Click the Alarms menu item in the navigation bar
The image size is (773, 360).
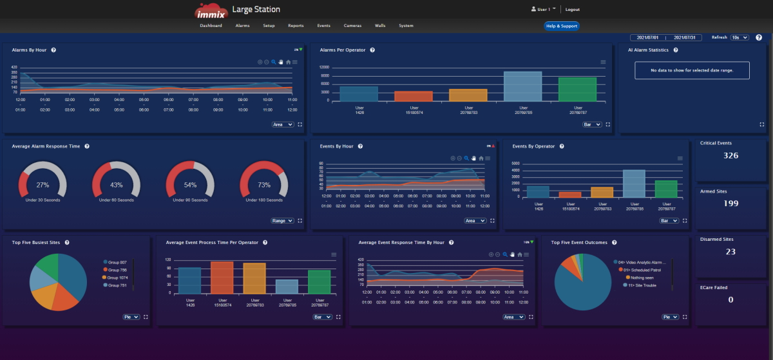tap(242, 26)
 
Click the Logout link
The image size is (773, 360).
tap(572, 10)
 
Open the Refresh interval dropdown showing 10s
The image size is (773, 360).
tap(740, 37)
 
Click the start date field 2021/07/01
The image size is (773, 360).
tap(647, 37)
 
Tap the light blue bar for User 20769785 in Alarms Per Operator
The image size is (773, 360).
tap(522, 86)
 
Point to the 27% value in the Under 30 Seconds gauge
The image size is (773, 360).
tap(43, 185)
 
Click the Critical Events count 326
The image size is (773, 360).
tap(730, 156)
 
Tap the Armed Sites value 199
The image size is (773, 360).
tap(730, 204)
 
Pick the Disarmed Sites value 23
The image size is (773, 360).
tap(730, 252)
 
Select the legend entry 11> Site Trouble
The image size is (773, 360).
tap(640, 285)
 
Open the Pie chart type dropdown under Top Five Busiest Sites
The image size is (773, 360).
tap(131, 317)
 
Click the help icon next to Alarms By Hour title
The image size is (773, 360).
tap(53, 50)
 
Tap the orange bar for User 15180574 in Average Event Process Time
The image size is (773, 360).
tap(222, 278)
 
